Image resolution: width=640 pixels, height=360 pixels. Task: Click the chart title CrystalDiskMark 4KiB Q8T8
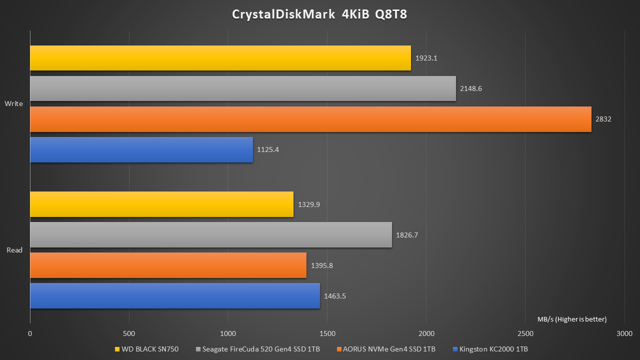coord(319,14)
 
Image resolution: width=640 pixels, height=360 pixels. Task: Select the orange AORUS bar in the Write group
coord(310,119)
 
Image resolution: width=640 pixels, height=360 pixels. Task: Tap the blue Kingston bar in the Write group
coord(141,149)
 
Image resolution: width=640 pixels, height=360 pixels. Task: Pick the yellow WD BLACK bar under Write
coord(220,58)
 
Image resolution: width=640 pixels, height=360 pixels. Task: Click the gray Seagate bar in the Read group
coord(211,235)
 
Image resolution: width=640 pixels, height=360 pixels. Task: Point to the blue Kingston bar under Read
coord(175,295)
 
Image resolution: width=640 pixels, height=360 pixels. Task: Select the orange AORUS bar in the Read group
coord(168,265)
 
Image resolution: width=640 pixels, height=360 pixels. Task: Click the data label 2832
coord(603,119)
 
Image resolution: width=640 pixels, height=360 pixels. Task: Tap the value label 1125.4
coord(268,149)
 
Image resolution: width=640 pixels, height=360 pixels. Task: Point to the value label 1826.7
coord(407,235)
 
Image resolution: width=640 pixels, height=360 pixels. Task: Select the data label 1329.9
coord(308,204)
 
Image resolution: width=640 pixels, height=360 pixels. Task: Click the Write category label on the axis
coord(13,104)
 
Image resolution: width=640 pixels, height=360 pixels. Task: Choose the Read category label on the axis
coord(14,250)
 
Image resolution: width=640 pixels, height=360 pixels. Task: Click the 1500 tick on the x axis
coord(327,333)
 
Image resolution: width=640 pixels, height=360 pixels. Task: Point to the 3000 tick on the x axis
coord(624,333)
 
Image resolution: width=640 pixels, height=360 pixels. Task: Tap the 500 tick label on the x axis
coord(129,333)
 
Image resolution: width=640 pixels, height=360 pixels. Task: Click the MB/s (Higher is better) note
coord(572,319)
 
